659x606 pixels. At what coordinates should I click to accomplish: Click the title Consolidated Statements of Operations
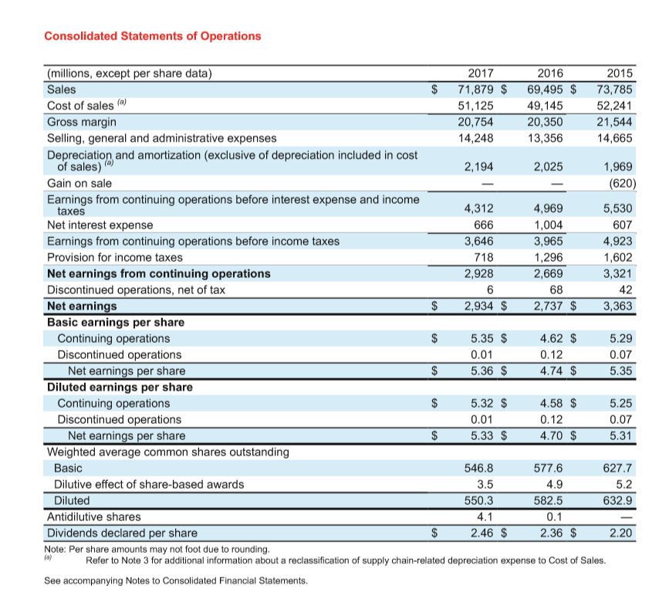(x=153, y=36)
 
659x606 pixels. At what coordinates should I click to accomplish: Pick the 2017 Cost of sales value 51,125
(x=475, y=106)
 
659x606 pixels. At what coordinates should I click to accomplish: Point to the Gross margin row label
(x=83, y=122)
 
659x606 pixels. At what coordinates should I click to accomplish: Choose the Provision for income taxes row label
(x=115, y=257)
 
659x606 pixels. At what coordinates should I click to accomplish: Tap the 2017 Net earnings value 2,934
(x=477, y=306)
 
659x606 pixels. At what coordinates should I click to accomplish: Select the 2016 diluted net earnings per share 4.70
(x=550, y=436)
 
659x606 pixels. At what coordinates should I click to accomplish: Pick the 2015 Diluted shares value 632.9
(x=620, y=500)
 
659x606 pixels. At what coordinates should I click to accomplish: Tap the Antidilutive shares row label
(x=94, y=516)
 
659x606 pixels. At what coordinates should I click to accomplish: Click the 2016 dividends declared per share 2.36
(x=550, y=533)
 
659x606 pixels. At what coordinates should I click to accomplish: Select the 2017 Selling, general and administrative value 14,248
(x=475, y=138)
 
